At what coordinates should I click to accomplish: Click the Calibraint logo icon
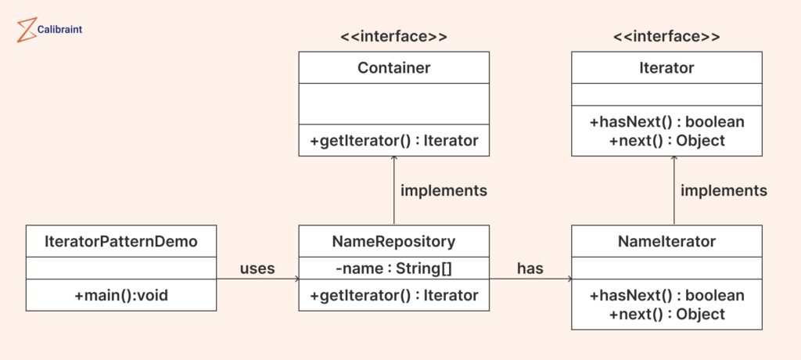(27, 30)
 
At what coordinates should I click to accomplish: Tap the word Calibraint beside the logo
(59, 30)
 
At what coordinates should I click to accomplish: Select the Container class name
(394, 67)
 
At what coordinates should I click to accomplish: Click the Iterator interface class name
(666, 67)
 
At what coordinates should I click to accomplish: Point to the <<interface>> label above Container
(394, 37)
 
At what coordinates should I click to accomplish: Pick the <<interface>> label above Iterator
(666, 37)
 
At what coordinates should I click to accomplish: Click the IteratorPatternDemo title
(121, 241)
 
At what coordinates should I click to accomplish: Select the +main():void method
(121, 295)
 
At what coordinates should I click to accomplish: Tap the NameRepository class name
(394, 241)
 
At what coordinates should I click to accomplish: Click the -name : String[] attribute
(394, 268)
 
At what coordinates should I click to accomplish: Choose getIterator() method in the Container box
(394, 141)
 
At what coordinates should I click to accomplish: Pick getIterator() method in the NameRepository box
(394, 295)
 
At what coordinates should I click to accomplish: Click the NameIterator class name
(666, 241)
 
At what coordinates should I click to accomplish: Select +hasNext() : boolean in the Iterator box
(666, 122)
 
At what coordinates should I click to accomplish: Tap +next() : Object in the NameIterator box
(666, 314)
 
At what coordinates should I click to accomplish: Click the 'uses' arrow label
(257, 268)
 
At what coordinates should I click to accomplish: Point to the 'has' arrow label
(530, 268)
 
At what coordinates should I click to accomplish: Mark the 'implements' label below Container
(444, 191)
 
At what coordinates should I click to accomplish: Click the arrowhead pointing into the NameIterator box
(569, 279)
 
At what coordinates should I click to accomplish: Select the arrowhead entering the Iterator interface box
(673, 159)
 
